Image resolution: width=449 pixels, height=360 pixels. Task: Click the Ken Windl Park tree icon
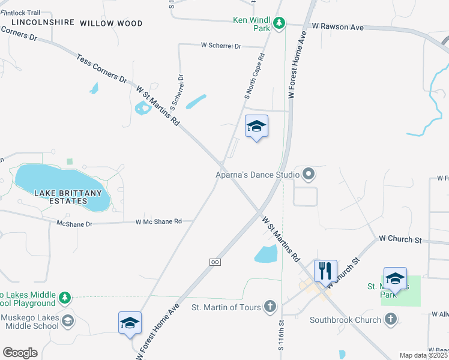[279, 23]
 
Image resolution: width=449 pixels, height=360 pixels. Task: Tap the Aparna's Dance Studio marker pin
[309, 175]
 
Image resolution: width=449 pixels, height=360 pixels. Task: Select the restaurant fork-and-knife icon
[325, 270]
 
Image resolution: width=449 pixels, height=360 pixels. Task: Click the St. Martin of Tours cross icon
[270, 307]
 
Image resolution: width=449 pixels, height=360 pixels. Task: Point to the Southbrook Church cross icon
[391, 320]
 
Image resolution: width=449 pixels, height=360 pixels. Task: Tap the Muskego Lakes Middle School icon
[68, 321]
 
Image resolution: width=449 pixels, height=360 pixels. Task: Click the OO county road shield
[214, 262]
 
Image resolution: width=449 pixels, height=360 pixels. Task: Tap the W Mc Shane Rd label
[158, 222]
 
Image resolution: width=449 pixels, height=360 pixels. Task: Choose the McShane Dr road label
[74, 224]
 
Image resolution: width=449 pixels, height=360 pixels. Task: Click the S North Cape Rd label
[255, 77]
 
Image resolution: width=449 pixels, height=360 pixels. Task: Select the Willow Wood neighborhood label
[111, 23]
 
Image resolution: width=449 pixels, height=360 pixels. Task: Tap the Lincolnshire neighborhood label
[43, 22]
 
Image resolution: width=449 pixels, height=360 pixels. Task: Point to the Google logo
[20, 353]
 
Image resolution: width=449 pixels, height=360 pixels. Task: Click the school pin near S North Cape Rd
[256, 127]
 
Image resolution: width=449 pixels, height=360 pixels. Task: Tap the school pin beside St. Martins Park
[395, 278]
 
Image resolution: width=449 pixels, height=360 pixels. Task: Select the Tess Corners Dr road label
[102, 70]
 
